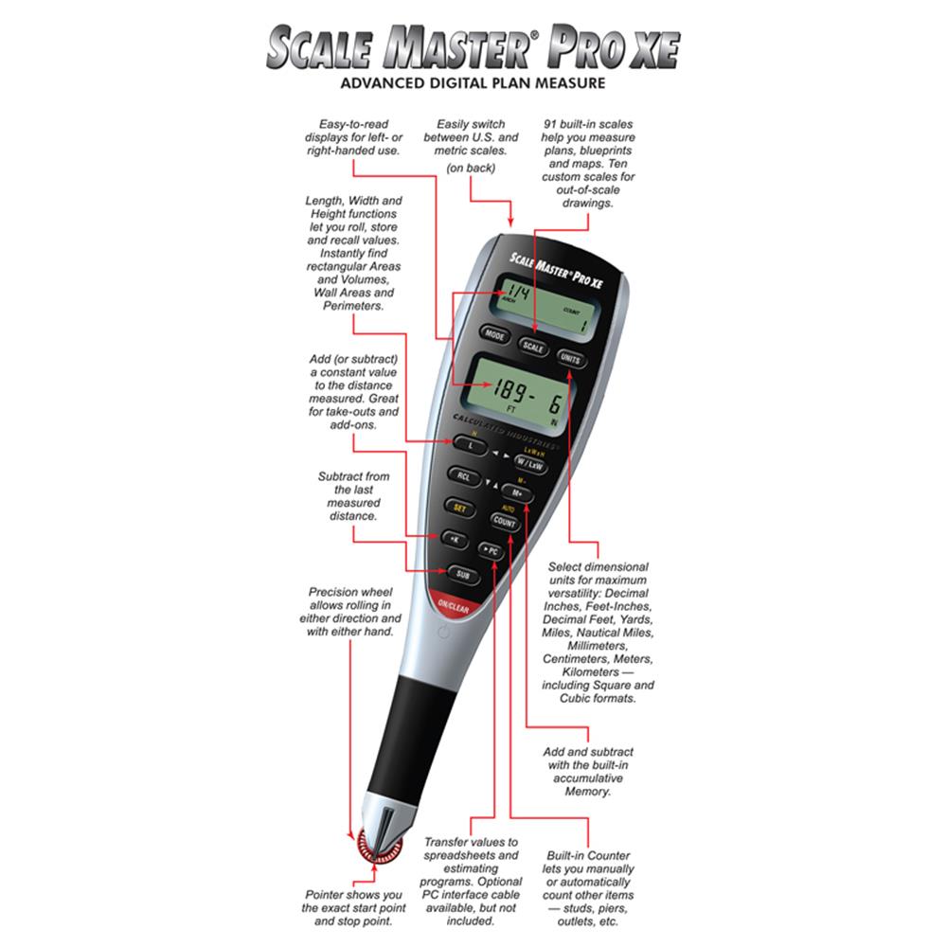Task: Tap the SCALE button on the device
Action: [x=533, y=348]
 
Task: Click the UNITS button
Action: [x=570, y=360]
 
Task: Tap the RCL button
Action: [x=463, y=476]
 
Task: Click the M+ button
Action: [x=517, y=493]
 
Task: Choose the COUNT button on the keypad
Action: [x=505, y=522]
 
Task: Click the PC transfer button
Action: [x=490, y=550]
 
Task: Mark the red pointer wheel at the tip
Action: [x=378, y=846]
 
